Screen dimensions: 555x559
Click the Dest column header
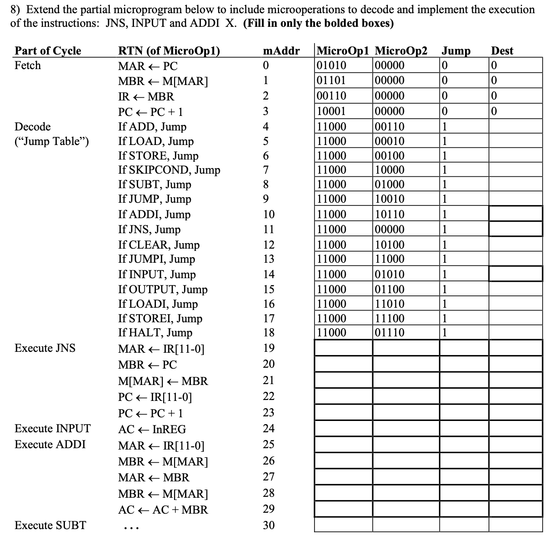pos(502,51)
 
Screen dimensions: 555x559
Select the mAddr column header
pos(281,51)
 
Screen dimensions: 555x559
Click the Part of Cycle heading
pos(48,51)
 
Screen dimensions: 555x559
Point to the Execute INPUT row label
pos(52,429)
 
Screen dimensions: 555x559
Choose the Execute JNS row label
pos(45,348)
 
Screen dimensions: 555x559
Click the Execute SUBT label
pos(50,525)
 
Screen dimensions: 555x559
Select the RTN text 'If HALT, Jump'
pos(155,333)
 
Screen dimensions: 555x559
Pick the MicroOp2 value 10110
pos(389,214)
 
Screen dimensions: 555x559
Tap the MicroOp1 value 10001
pos(331,111)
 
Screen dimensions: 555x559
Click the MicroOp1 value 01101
pos(331,81)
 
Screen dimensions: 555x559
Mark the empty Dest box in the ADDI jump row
pos(515,214)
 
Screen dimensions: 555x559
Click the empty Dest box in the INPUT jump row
pos(515,274)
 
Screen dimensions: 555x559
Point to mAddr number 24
pos(269,429)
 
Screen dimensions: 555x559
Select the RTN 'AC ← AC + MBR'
pos(163,510)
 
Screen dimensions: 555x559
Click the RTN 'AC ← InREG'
pos(152,430)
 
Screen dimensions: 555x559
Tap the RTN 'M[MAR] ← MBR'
pos(163,381)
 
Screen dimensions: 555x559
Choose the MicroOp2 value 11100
pos(389,318)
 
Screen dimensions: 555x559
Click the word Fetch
pos(28,65)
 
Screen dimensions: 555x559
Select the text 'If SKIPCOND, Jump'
pos(169,170)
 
